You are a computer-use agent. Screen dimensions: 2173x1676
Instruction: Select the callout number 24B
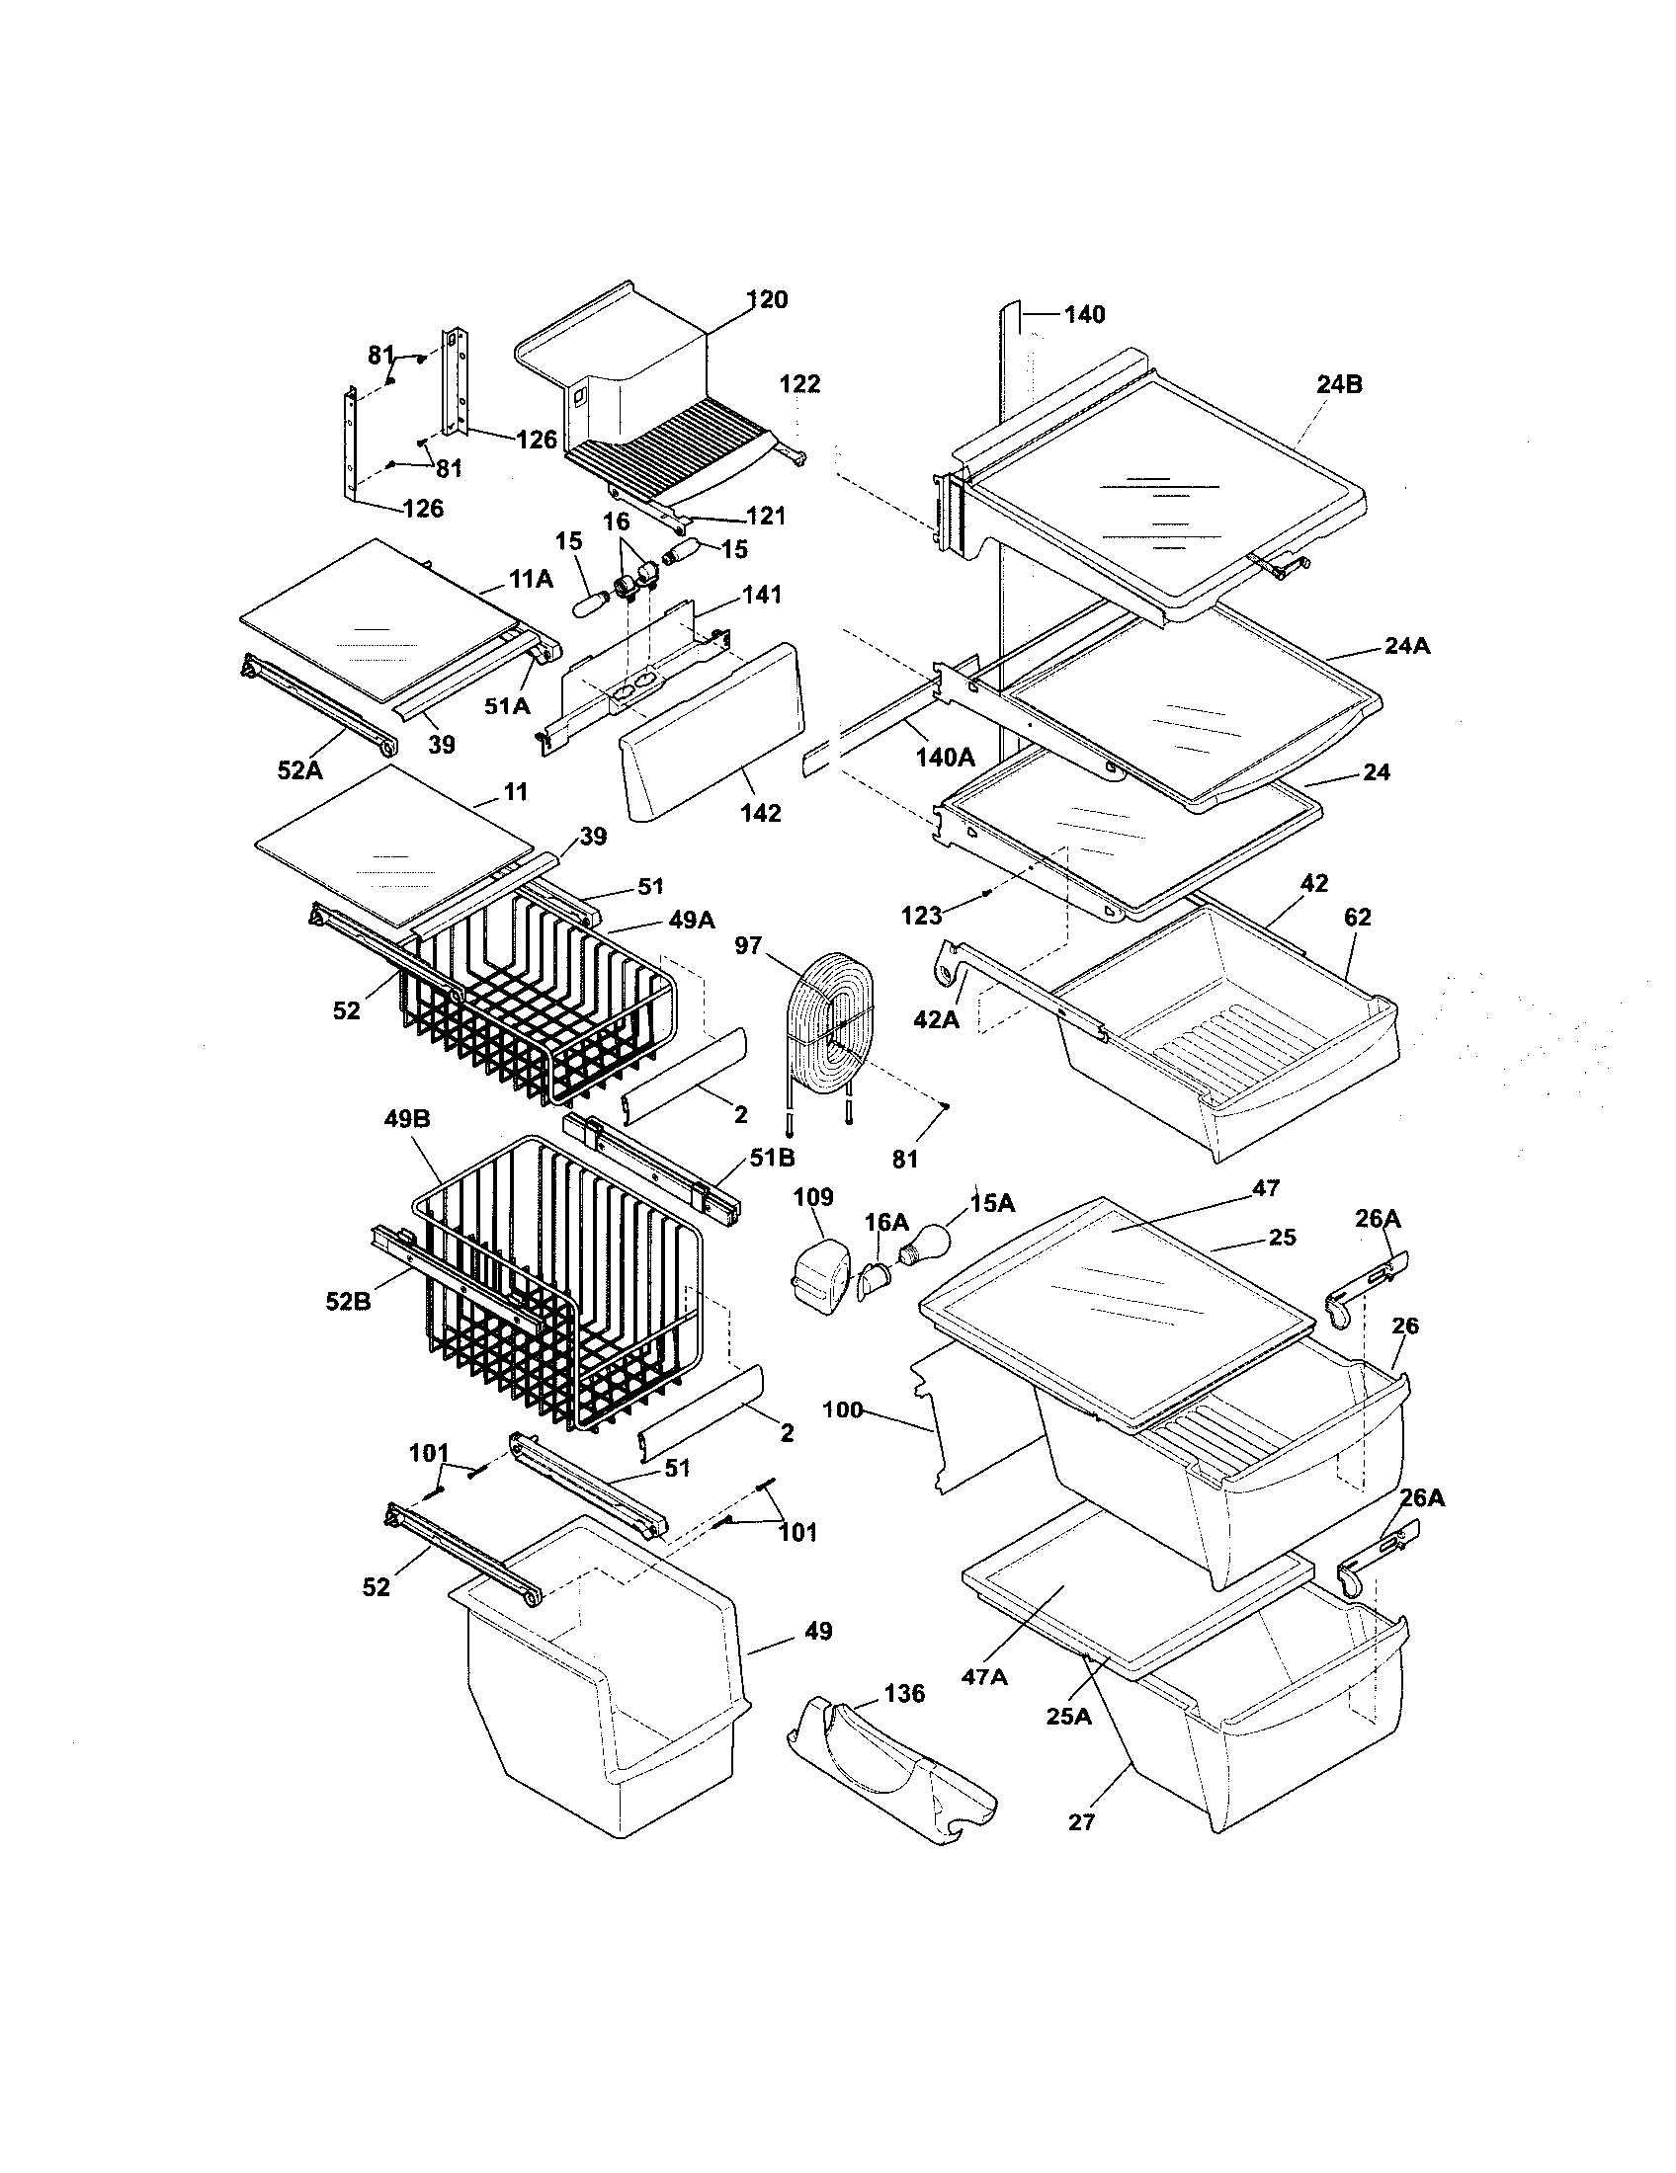1340,385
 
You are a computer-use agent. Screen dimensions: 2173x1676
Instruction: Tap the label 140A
945,759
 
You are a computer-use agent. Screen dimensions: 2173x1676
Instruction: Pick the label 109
813,1197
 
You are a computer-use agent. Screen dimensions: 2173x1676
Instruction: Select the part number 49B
406,1119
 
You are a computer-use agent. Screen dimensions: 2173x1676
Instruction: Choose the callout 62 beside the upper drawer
1358,918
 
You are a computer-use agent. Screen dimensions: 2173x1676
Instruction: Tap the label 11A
532,579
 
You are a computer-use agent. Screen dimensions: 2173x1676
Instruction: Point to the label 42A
937,1019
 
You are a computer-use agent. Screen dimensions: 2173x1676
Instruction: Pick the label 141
761,595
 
